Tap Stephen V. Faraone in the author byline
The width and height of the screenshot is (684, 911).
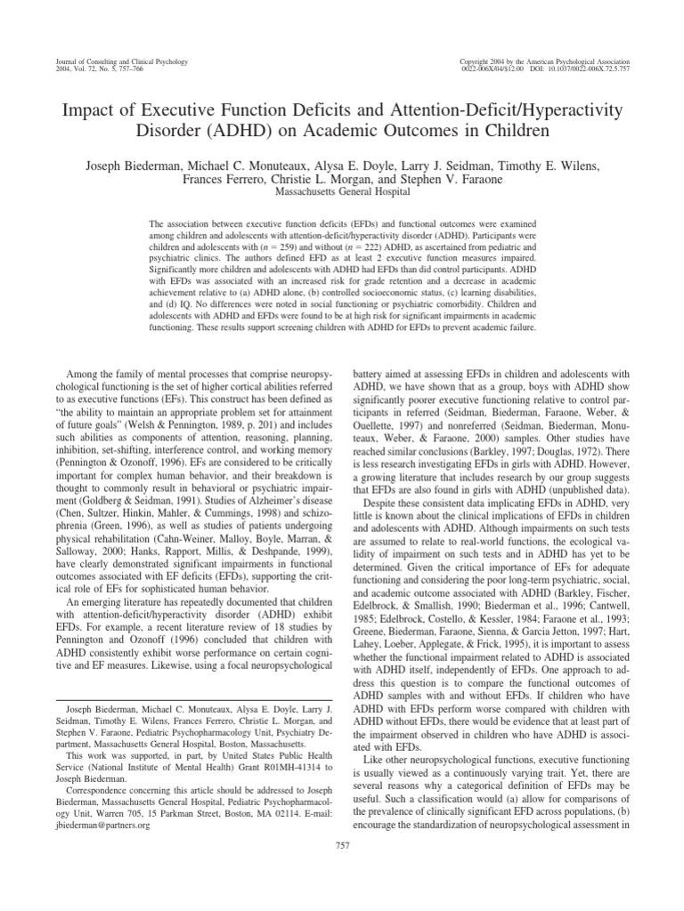point(452,181)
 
